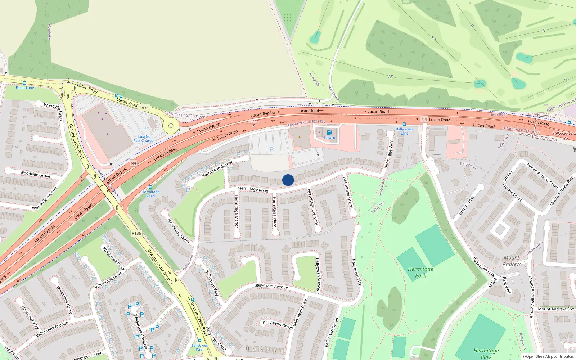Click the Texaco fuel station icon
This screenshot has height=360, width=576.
329,133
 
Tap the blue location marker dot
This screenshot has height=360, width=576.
288,180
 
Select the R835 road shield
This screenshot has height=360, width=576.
144,108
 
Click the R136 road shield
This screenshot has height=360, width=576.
136,233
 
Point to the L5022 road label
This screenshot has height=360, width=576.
492,282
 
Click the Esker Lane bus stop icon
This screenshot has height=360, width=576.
24,83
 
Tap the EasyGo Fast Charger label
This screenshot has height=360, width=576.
144,139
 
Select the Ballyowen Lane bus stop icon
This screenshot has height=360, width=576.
404,124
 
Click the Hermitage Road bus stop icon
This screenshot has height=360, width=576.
150,187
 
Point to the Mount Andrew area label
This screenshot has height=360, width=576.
512,261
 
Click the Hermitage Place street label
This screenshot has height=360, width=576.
274,212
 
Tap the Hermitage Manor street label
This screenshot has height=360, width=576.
236,211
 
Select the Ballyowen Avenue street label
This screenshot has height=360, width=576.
271,286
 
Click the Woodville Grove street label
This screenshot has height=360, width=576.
35,174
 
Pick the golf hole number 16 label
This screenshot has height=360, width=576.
390,76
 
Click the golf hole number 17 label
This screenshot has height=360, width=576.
433,39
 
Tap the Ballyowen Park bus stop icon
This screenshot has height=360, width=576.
200,341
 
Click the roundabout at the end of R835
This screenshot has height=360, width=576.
171,126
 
